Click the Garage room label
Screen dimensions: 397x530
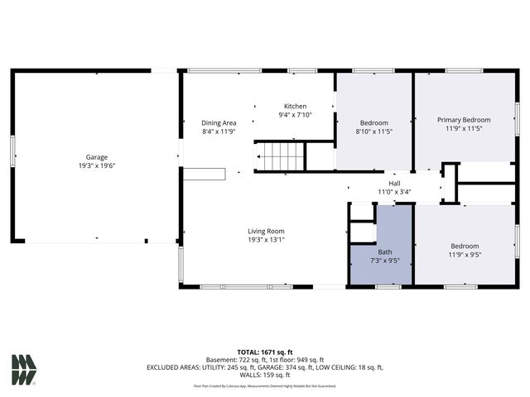click(x=97, y=157)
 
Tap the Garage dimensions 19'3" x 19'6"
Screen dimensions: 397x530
click(x=97, y=165)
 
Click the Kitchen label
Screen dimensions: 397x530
click(x=296, y=107)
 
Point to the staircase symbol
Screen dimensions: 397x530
click(x=280, y=155)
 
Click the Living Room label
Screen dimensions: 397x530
click(x=266, y=231)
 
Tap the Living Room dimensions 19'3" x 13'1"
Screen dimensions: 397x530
click(x=266, y=240)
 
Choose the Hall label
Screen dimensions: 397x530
click(x=395, y=184)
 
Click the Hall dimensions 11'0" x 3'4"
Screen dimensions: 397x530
click(x=395, y=192)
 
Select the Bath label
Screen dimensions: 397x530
click(x=385, y=251)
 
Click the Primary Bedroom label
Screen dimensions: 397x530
click(x=464, y=120)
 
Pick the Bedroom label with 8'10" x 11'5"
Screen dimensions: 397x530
click(x=373, y=123)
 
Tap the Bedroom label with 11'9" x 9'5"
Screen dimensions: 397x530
click(x=465, y=246)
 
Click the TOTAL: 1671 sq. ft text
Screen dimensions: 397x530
click(x=265, y=352)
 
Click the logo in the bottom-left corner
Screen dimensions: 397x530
click(x=24, y=370)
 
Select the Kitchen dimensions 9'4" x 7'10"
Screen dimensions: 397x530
click(x=296, y=115)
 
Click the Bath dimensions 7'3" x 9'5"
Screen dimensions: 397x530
click(x=385, y=260)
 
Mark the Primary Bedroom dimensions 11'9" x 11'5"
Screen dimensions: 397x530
click(x=464, y=128)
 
